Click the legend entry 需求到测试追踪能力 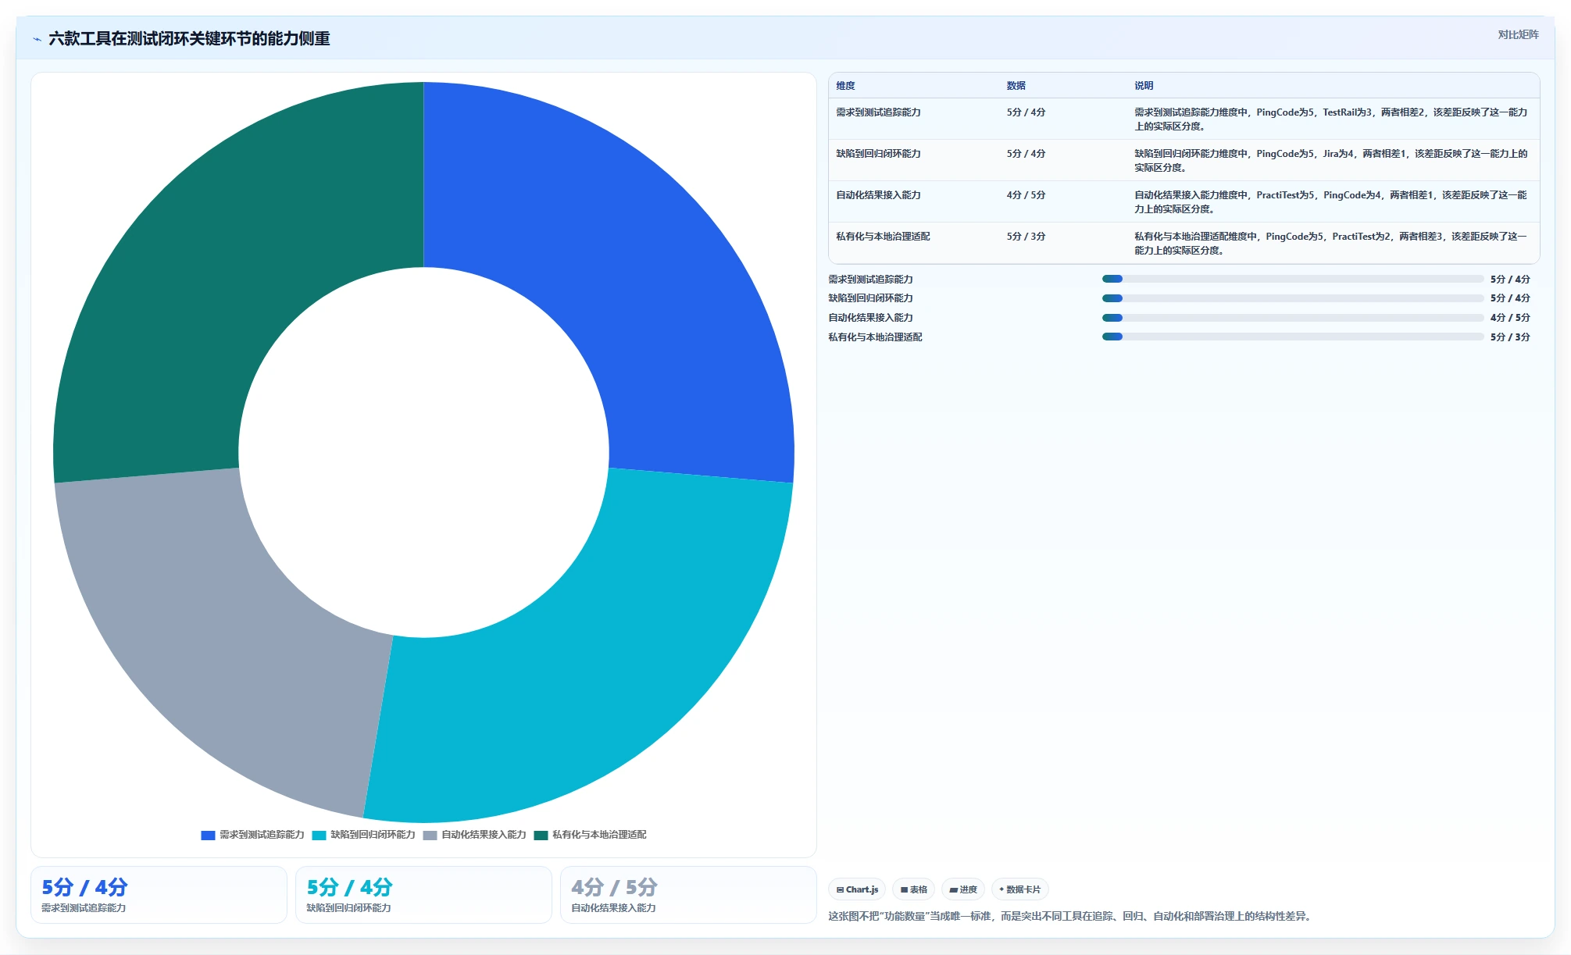point(252,835)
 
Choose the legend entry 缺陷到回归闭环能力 point(363,835)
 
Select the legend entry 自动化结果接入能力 point(474,835)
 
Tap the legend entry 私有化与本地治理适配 point(590,835)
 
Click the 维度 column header point(845,86)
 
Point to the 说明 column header point(1144,86)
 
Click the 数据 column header point(1016,86)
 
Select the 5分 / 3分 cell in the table point(1026,237)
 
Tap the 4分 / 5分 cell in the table point(1026,195)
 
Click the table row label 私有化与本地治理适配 point(883,237)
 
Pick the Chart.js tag point(857,889)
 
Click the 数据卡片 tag point(1019,889)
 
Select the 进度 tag point(963,889)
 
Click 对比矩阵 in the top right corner point(1518,35)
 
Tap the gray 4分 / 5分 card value point(614,887)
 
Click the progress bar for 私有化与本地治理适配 point(1293,337)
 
